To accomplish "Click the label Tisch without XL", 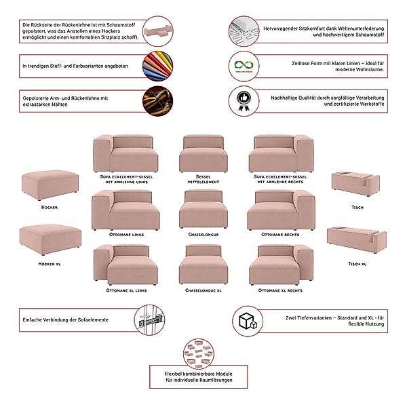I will click(357, 207).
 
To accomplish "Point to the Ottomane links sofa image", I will click(126, 211).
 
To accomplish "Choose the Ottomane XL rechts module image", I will click(281, 266).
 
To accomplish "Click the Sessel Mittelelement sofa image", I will click(203, 155).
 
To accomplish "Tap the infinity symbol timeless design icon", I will click(242, 63).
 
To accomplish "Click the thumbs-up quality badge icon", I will click(242, 99).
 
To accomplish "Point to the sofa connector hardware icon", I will click(149, 319).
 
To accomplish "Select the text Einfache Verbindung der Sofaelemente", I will click(65, 319).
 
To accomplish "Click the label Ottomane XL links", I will click(126, 290).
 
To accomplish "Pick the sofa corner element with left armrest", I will click(126, 155).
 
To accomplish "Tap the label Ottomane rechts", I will click(281, 235).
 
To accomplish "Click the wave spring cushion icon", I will click(242, 28).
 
